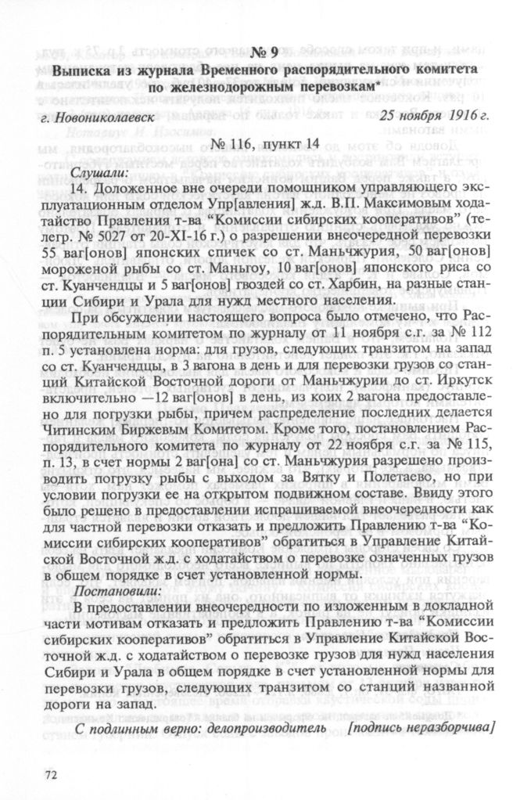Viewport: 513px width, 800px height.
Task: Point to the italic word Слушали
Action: point(98,172)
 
